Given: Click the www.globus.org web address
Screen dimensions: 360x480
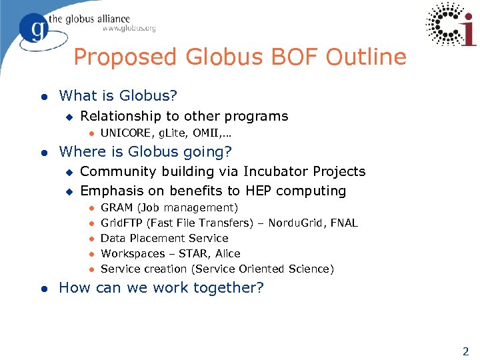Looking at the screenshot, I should [x=129, y=29].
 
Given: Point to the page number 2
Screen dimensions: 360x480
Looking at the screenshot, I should [x=465, y=351].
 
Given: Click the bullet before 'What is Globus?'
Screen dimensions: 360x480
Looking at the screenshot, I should [x=44, y=97].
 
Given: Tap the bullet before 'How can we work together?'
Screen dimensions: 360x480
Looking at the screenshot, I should [x=44, y=288].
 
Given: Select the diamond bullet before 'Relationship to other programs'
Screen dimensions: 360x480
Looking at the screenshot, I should [x=68, y=117].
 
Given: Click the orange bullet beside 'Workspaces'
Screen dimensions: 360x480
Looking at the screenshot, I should [x=91, y=254].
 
